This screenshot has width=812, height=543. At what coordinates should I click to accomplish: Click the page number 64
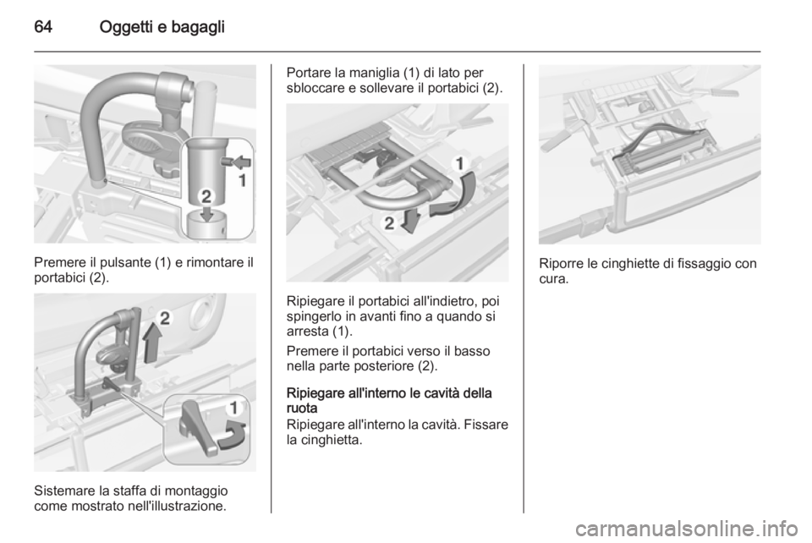pyautogui.click(x=43, y=27)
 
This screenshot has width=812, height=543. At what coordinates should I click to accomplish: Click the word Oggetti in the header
pyautogui.click(x=126, y=27)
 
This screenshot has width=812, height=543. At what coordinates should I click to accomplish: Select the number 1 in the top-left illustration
pyautogui.click(x=242, y=181)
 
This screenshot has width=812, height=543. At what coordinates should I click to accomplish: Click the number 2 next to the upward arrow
pyautogui.click(x=165, y=317)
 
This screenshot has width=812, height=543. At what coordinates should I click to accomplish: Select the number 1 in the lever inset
pyautogui.click(x=234, y=408)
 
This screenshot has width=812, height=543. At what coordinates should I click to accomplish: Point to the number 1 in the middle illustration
pyautogui.click(x=459, y=164)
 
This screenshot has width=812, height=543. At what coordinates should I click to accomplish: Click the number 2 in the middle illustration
pyautogui.click(x=389, y=223)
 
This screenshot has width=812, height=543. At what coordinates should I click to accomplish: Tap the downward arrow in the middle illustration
pyautogui.click(x=411, y=219)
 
